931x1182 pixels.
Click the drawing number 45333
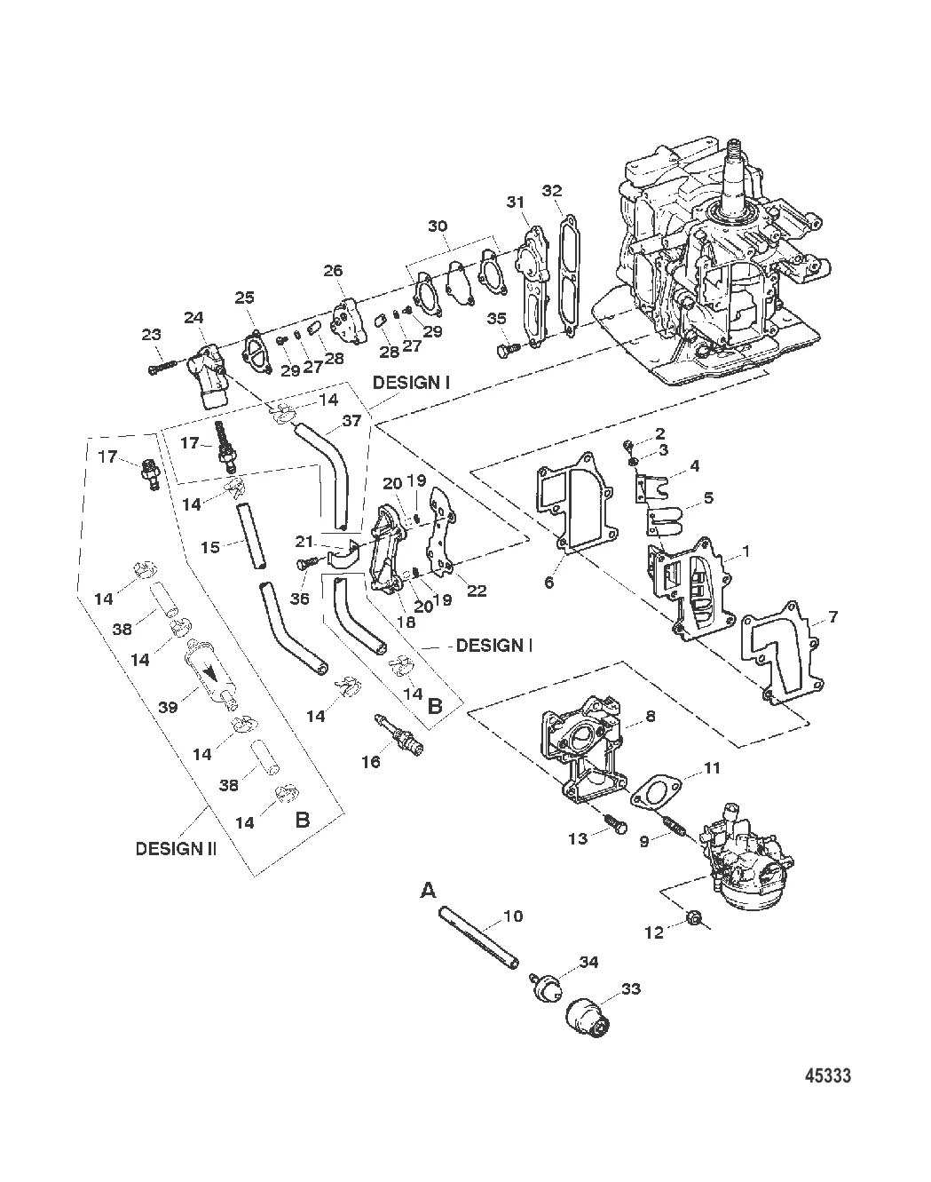(827, 1075)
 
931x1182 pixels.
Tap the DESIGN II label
(175, 848)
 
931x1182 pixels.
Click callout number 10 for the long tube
(512, 916)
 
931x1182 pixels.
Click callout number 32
(551, 191)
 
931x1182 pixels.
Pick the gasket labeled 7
(786, 656)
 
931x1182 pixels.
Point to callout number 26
(334, 269)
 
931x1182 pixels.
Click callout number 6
(548, 582)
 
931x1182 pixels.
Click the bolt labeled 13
(613, 825)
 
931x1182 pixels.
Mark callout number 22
(477, 590)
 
